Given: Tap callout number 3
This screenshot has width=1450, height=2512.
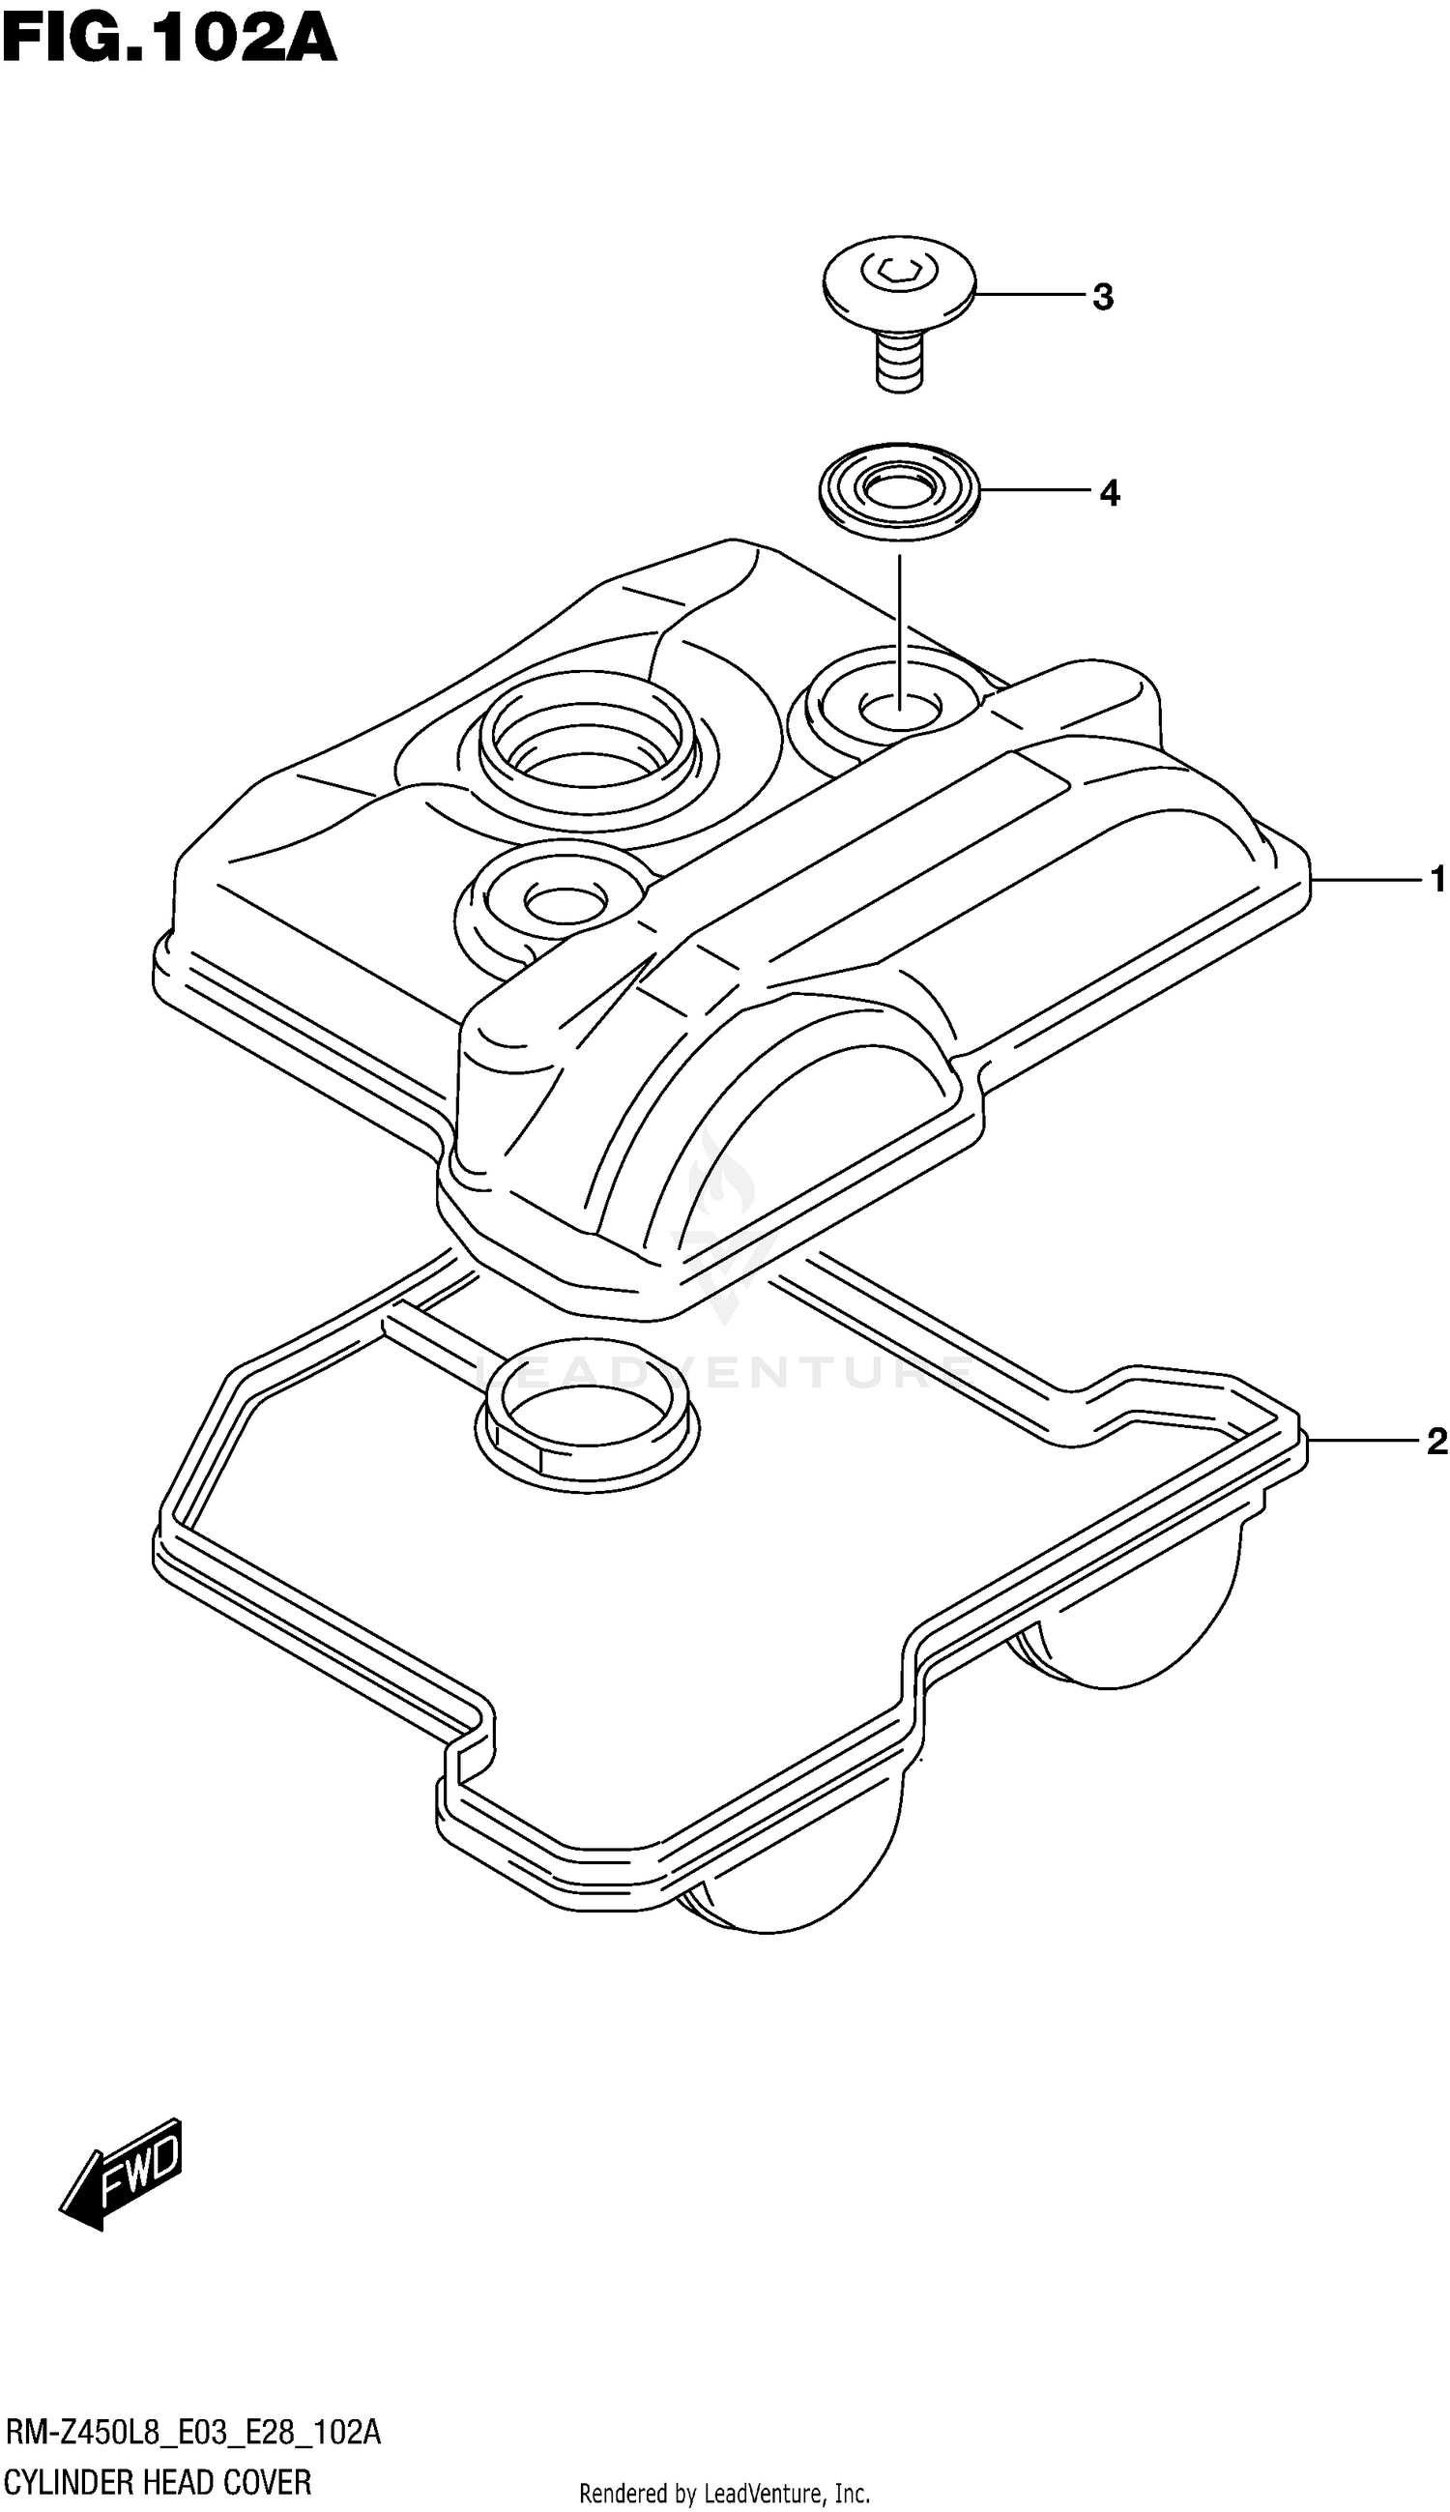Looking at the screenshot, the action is point(1102,297).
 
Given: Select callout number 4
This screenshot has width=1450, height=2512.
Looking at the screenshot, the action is point(1110,492).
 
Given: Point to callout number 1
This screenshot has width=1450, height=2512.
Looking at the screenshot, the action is point(1437,880).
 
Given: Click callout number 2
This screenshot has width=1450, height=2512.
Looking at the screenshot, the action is point(1436,1442).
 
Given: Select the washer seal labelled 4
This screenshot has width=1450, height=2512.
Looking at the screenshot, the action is point(899,491).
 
